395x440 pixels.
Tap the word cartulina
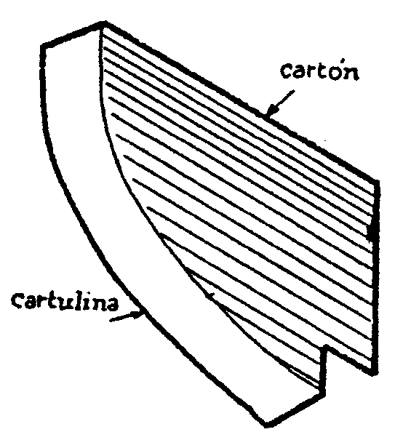tap(65, 302)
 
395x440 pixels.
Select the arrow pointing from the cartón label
tap(280, 103)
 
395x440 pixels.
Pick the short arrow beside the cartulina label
tap(127, 316)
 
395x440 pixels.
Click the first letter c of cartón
tap(287, 71)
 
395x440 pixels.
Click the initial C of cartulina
tap(18, 300)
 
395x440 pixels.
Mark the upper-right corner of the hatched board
tap(377, 181)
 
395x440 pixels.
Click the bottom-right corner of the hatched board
tap(375, 374)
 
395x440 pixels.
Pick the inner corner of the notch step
tap(326, 348)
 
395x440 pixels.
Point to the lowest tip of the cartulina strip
tap(266, 425)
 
